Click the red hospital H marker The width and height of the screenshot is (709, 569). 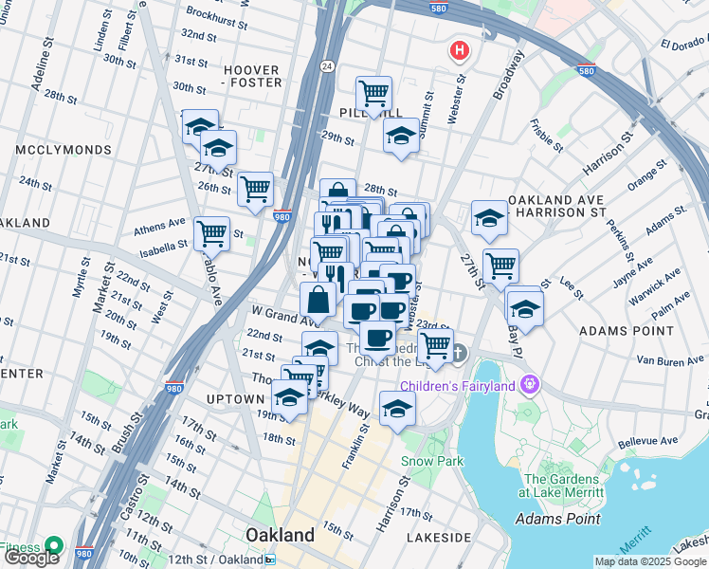pos(460,50)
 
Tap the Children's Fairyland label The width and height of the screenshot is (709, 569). pos(459,385)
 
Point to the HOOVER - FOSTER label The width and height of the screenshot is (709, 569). pos(252,76)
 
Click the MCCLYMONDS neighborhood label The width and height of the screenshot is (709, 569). pos(57,150)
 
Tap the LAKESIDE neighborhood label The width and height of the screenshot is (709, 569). pos(439,538)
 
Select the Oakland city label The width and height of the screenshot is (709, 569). pos(280,535)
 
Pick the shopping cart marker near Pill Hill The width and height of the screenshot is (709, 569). pos(374,94)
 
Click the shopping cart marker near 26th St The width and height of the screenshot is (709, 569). pos(256,189)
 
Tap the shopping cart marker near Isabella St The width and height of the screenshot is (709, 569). pos(211,233)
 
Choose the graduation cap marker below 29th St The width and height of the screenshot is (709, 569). pos(401,137)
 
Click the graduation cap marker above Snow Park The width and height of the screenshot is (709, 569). pos(397,408)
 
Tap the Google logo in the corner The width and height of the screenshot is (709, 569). pos(32,558)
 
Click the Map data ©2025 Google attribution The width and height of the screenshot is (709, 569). pos(650,561)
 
